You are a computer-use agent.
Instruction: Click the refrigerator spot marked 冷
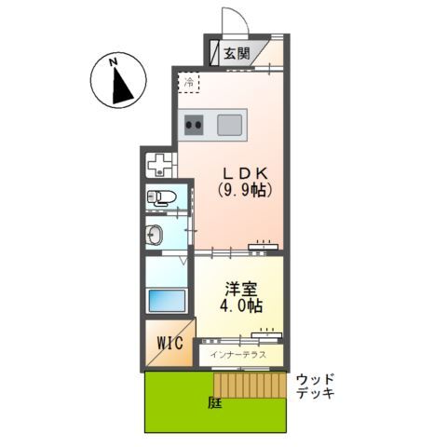pos(189,83)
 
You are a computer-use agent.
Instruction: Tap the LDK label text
pos(244,172)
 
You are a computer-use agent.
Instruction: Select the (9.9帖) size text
pos(244,190)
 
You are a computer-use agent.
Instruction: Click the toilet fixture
pos(161,196)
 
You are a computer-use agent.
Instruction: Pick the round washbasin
pos(155,234)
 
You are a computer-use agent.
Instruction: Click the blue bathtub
pos(166,302)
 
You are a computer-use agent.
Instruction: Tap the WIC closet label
pos(169,344)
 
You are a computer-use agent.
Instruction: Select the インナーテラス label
pos(238,355)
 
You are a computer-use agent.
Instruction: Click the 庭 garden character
pos(214,402)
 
